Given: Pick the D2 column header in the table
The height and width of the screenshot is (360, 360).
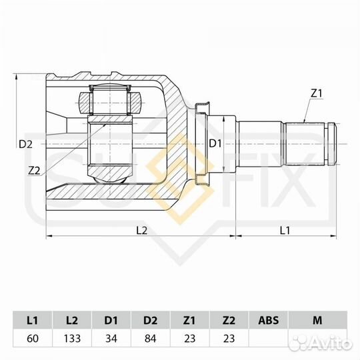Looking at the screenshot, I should pos(150,320).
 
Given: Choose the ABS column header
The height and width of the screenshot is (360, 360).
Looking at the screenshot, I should pos(268,320).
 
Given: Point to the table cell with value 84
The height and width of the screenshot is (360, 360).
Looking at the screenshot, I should pos(150,338).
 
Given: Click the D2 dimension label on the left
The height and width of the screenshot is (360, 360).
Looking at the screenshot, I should pos(25,144).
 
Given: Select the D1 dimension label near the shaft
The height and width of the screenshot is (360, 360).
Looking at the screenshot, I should pos(215,143).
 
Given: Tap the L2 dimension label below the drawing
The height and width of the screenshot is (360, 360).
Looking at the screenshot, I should pos(141,230).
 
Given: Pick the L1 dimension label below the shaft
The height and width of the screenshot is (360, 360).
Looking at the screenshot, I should pos(285,230).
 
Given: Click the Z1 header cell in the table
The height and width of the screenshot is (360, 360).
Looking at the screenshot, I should pos(189,320).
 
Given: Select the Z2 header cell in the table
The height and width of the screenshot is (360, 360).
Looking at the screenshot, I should pos(229,320).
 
